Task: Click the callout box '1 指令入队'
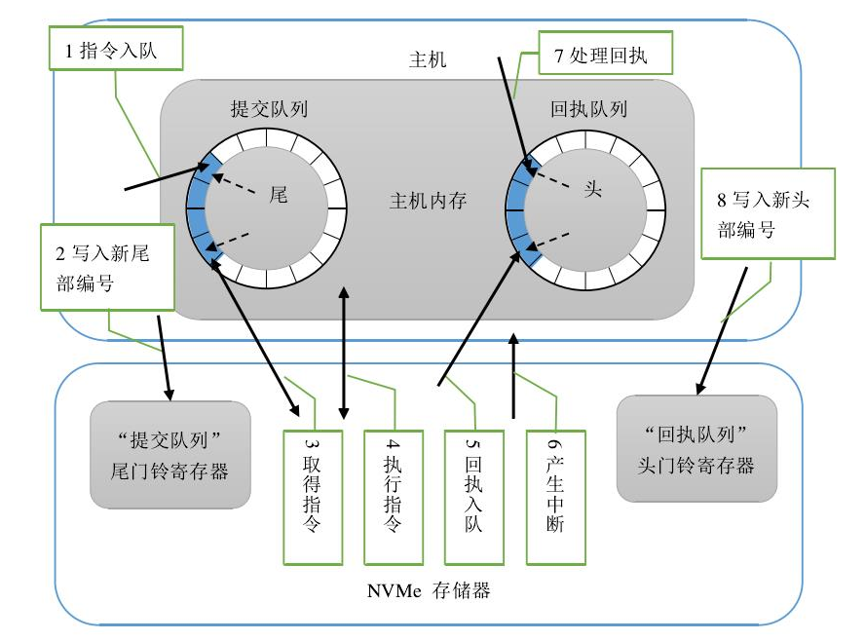click(x=117, y=51)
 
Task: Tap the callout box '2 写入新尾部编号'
click(x=107, y=267)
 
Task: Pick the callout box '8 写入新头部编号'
click(x=769, y=212)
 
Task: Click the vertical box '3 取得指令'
click(x=313, y=496)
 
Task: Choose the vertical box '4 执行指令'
click(x=394, y=496)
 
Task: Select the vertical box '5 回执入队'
click(x=474, y=496)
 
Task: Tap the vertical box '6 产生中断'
click(x=555, y=496)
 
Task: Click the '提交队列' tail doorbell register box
click(x=170, y=453)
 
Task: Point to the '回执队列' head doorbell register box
click(x=696, y=448)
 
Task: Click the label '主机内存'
click(x=428, y=202)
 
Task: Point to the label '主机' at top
click(x=428, y=59)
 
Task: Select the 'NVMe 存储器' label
click(x=428, y=590)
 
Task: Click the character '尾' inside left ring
click(x=279, y=194)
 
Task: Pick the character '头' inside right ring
click(x=593, y=189)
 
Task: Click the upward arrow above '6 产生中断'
click(x=515, y=375)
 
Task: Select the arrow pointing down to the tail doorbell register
click(x=164, y=365)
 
